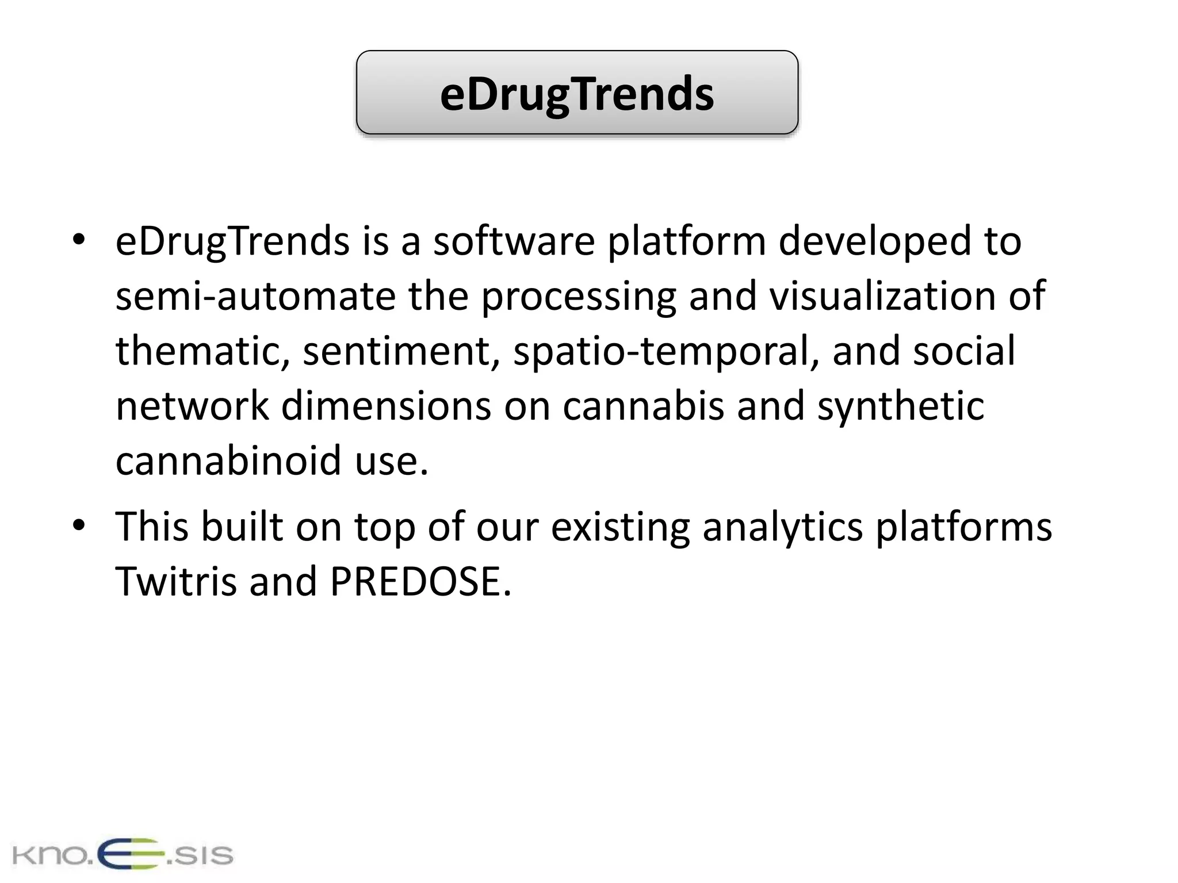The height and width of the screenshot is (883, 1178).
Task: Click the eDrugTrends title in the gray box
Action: (577, 94)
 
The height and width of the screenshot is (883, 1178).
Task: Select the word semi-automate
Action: (255, 296)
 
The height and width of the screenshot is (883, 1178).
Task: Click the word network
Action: (192, 406)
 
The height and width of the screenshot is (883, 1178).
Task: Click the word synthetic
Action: (901, 406)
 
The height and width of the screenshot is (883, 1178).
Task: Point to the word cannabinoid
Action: (229, 461)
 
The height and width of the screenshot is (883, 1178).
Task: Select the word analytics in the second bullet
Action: (782, 527)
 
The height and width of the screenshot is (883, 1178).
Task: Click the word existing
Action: (620, 527)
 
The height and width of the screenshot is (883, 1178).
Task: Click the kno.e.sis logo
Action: (122, 855)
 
